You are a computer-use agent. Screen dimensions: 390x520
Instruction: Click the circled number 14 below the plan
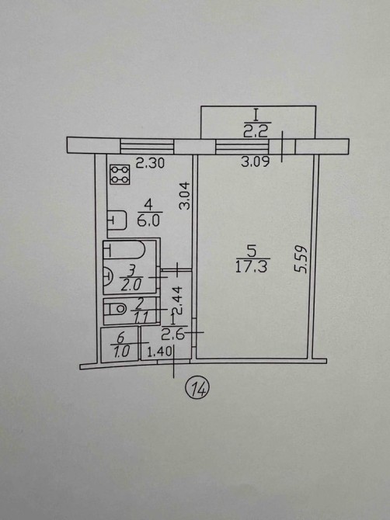click(x=197, y=389)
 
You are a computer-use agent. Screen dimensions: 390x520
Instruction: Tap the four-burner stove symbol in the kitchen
click(x=120, y=174)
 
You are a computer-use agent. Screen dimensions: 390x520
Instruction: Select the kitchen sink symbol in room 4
click(x=117, y=220)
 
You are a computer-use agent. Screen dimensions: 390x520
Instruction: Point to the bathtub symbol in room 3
click(x=124, y=249)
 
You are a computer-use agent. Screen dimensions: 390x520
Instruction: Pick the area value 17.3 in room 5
click(x=251, y=266)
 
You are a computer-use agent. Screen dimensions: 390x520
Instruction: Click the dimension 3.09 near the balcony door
click(x=256, y=161)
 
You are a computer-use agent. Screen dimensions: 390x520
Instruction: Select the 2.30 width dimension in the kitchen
click(x=151, y=163)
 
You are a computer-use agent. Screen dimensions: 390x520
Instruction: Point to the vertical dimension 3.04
click(x=184, y=196)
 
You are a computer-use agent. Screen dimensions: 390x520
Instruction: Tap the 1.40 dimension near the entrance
click(x=159, y=352)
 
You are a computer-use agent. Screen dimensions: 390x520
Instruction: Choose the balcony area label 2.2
click(x=256, y=131)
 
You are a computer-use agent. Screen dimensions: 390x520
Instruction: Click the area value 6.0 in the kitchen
click(x=148, y=220)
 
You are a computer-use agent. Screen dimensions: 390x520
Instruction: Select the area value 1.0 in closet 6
click(x=121, y=352)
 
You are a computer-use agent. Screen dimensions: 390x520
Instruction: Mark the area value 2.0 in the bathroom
click(x=131, y=284)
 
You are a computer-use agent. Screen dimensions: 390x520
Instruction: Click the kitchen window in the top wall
click(x=147, y=146)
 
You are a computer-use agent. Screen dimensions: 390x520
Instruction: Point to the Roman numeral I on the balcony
click(x=256, y=116)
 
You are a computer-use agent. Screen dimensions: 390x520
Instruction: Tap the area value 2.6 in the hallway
click(x=172, y=335)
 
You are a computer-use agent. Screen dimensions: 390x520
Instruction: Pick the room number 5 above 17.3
click(x=252, y=251)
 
